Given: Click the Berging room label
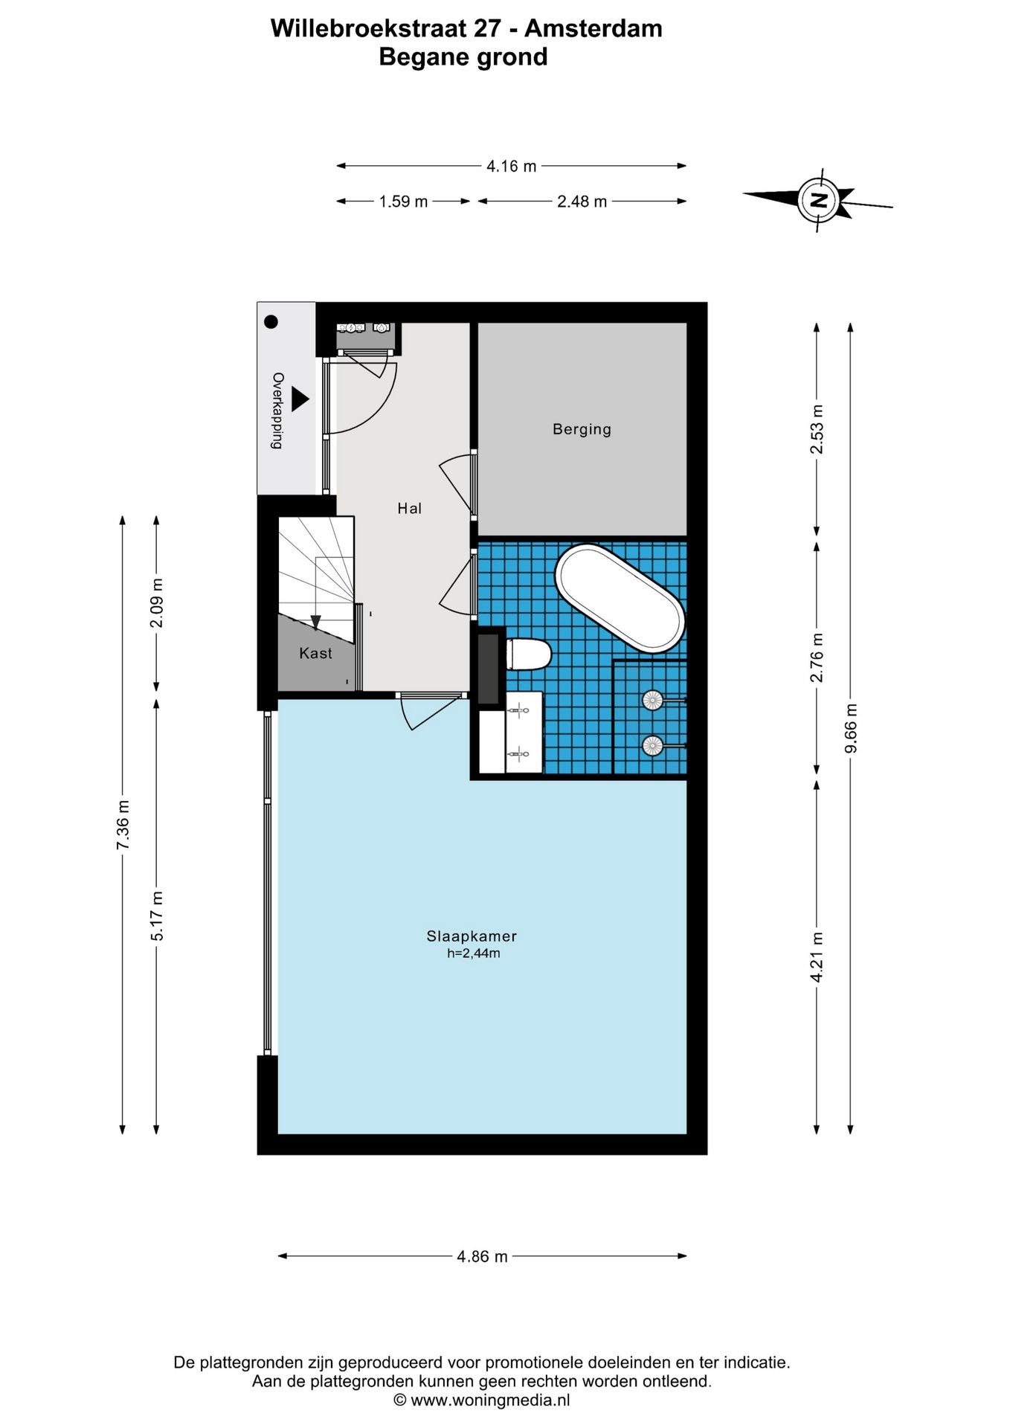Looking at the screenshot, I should pos(582,429).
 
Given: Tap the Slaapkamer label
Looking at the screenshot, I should pos(472,936).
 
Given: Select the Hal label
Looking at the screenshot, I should pos(409,509).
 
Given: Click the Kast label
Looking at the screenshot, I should pos(315,653).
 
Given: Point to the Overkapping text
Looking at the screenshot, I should pos(277,411).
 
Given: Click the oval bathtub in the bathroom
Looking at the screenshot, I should pos(620,599).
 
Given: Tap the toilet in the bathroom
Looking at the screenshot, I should pos(529,654).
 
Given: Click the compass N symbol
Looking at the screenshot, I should pos(819,199).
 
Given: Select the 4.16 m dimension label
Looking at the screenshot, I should pos(511,167).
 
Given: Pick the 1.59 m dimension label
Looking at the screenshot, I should pos(403,202).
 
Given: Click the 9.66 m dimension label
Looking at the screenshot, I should pos(852,728).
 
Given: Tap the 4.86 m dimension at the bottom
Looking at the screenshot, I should pos(482,1256).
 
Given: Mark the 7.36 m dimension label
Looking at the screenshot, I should pos(123,825).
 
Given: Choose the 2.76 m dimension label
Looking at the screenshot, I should pos(817,657).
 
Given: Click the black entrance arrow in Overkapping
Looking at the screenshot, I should pos(299,399).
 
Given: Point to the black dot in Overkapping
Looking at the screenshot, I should pos(271,322).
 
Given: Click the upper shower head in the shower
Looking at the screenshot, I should pos(652,700).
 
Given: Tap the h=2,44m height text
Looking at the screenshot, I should pos(473,953).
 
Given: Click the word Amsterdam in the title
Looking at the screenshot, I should pos(593,28).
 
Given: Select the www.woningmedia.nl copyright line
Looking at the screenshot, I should pos(482,1400).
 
